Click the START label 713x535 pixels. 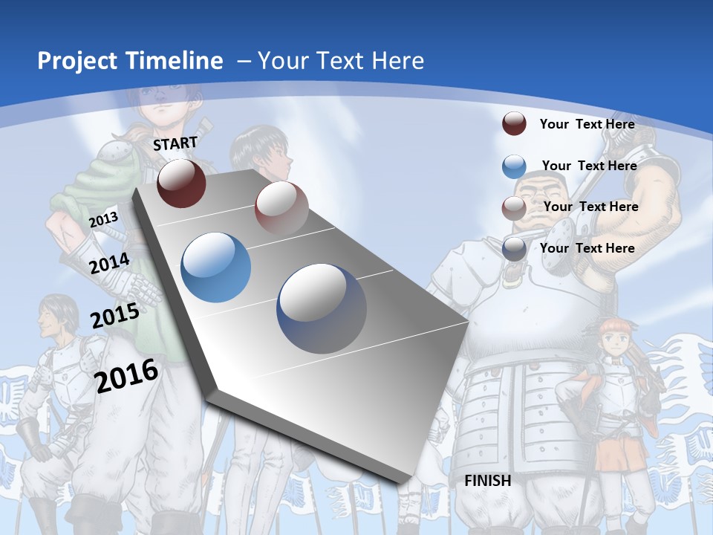click(175, 143)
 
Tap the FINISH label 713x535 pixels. click(487, 481)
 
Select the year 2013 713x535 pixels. click(103, 219)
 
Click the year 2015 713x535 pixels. click(114, 316)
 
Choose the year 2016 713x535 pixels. click(126, 375)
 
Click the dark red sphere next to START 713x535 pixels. click(181, 183)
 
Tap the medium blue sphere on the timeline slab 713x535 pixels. click(215, 267)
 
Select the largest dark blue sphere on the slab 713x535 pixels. click(322, 308)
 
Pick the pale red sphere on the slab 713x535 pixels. click(281, 208)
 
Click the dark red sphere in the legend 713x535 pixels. click(514, 124)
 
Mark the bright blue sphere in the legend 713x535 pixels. click(514, 166)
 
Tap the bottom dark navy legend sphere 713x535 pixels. click(514, 249)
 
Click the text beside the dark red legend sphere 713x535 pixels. click(587, 124)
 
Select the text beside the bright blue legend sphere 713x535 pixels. click(589, 166)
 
